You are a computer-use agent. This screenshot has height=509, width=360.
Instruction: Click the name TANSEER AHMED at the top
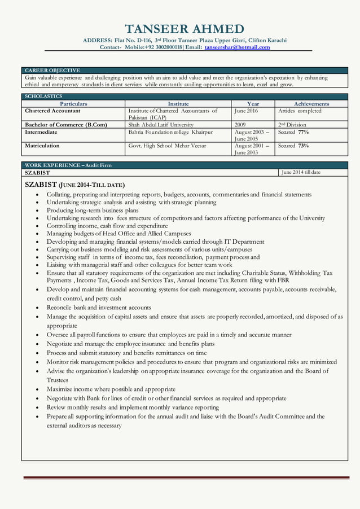(x=185, y=29)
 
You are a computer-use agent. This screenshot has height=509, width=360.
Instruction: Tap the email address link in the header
(x=237, y=47)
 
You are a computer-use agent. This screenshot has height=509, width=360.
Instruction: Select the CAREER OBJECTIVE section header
(x=52, y=70)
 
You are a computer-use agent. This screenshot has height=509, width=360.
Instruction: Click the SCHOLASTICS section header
(x=43, y=96)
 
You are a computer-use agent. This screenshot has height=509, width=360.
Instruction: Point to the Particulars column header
(x=73, y=104)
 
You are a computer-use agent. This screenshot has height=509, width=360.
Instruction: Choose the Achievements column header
(x=311, y=104)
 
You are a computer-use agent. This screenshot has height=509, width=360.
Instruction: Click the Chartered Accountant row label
(x=52, y=111)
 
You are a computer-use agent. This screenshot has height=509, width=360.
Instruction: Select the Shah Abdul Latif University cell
(x=161, y=125)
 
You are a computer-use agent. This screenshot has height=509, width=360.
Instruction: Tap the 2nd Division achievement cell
(x=292, y=125)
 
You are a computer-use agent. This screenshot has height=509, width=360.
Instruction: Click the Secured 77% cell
(x=293, y=132)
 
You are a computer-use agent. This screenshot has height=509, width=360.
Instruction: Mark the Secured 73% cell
(x=293, y=146)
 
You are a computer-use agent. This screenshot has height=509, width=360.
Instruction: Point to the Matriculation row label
(x=42, y=146)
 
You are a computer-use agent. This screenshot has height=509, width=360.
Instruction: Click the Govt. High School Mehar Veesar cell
(x=167, y=146)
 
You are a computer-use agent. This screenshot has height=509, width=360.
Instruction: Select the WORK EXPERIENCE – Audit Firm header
(x=68, y=165)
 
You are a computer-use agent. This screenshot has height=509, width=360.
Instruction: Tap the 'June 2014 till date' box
(x=301, y=172)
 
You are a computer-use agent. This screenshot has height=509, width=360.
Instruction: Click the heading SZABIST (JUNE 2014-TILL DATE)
(x=75, y=185)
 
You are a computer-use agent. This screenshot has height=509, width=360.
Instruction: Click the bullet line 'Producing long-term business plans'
(x=93, y=210)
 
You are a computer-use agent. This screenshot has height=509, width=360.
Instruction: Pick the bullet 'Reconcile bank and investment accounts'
(x=99, y=308)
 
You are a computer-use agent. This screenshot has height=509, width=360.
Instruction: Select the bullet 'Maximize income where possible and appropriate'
(x=111, y=389)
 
